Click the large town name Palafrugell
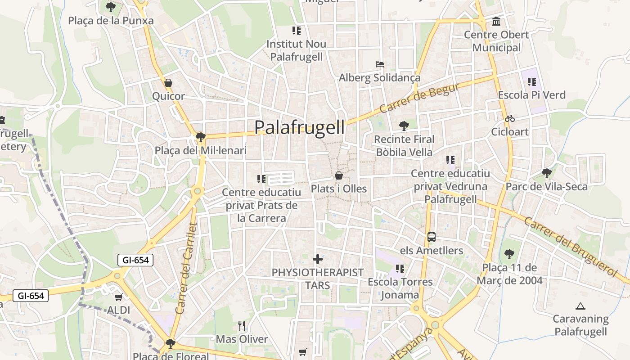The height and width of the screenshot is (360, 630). click(x=300, y=127)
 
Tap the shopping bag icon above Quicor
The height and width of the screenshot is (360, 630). click(x=168, y=83)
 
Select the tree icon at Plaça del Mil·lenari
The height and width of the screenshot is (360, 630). click(x=201, y=137)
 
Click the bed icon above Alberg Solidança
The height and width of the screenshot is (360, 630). click(x=380, y=64)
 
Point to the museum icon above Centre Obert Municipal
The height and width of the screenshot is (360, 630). click(x=496, y=21)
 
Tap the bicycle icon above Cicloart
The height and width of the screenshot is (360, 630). click(x=509, y=119)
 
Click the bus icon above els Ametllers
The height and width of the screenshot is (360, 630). click(x=431, y=237)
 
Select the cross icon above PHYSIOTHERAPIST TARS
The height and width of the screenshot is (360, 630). click(x=318, y=259)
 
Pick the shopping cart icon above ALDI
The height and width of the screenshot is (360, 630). click(x=119, y=297)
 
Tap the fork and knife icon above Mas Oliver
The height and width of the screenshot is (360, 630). click(x=242, y=325)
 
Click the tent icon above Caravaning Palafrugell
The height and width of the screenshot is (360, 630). click(x=580, y=306)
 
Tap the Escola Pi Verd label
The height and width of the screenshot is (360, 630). click(x=531, y=95)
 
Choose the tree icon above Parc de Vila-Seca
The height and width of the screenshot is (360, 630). click(x=546, y=173)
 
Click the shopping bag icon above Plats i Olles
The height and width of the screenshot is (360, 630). click(x=339, y=175)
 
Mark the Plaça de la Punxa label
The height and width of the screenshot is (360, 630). click(x=111, y=21)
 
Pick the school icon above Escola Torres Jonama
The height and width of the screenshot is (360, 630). click(x=400, y=269)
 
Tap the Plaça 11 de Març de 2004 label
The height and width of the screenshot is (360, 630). click(x=512, y=274)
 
